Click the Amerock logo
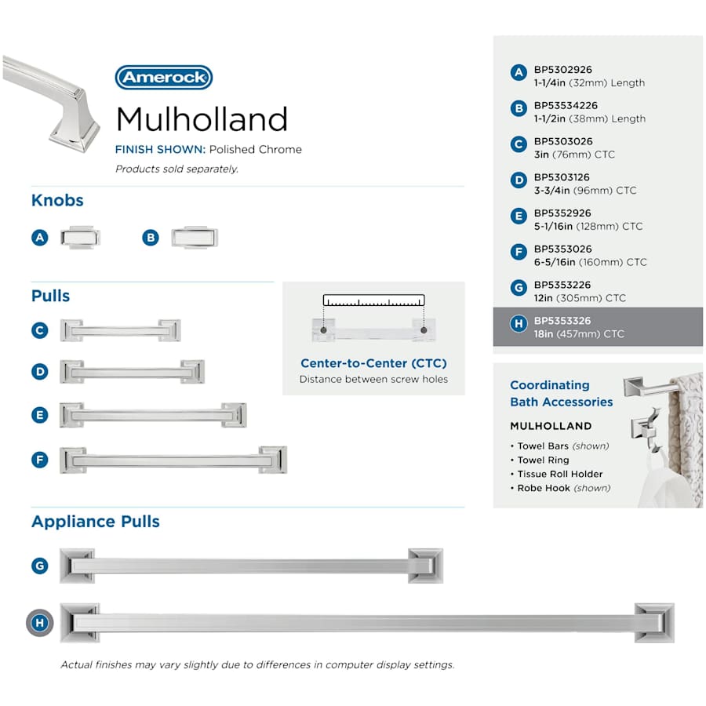pyautogui.click(x=164, y=78)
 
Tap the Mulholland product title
pyautogui.click(x=202, y=119)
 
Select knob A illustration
pyautogui.click(x=81, y=237)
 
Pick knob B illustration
pyautogui.click(x=195, y=237)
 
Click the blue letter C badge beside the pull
pyautogui.click(x=40, y=330)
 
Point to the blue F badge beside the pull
pyautogui.click(x=40, y=460)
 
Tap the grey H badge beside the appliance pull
pyautogui.click(x=40, y=623)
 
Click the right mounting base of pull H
pyautogui.click(x=654, y=623)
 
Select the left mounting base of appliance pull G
pyautogui.click(x=77, y=566)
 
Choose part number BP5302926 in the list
pyautogui.click(x=562, y=70)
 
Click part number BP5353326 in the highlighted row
pyautogui.click(x=562, y=321)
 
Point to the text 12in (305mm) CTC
pyautogui.click(x=580, y=298)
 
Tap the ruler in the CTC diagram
pyautogui.click(x=373, y=300)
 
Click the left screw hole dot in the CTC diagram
pyautogui.click(x=323, y=330)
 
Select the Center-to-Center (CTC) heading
pyautogui.click(x=373, y=363)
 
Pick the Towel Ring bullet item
pyautogui.click(x=540, y=460)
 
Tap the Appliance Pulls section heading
pyautogui.click(x=96, y=522)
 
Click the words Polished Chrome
pyautogui.click(x=256, y=150)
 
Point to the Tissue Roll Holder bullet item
pyautogui.click(x=556, y=474)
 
